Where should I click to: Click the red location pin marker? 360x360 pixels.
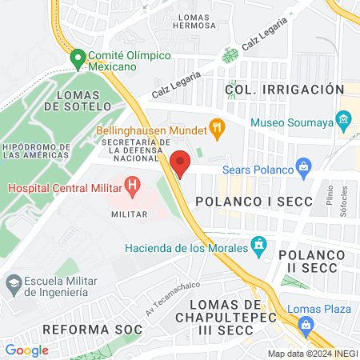[180, 162]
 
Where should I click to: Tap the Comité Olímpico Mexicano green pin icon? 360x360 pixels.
[78, 58]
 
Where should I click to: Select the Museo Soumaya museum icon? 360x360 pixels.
[344, 122]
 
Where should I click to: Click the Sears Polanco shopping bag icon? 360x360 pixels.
[303, 167]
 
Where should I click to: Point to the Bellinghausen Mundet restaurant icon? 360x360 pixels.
[215, 126]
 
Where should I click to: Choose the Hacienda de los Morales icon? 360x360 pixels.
[258, 245]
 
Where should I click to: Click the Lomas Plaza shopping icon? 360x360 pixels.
[306, 324]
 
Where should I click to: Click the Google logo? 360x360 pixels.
[26, 350]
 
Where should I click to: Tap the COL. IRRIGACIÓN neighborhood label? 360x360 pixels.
[284, 90]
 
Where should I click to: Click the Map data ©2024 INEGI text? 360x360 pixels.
[311, 354]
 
